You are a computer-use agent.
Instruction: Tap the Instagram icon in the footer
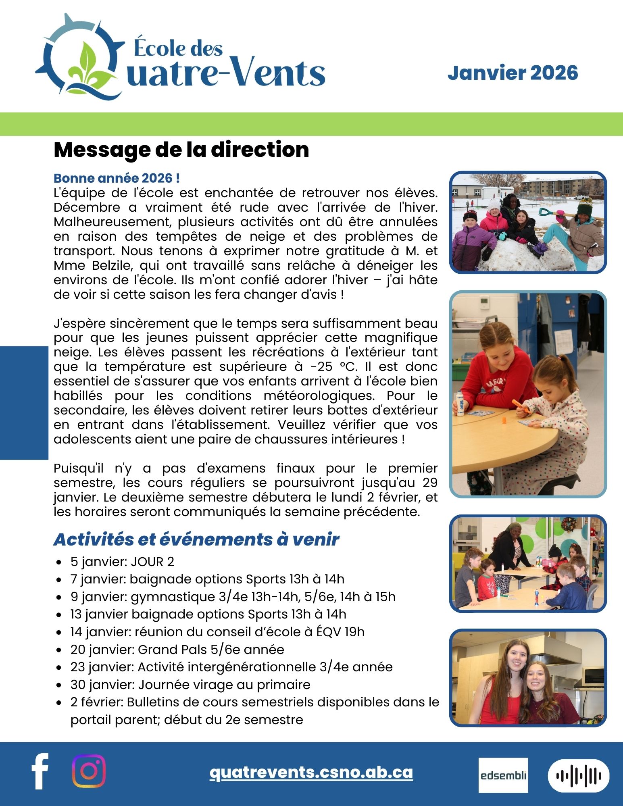tap(89, 771)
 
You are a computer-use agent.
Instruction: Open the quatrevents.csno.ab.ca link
tap(311, 772)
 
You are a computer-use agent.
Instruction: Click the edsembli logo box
tap(503, 775)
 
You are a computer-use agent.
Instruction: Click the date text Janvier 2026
tap(513, 73)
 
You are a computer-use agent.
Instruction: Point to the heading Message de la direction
tap(181, 150)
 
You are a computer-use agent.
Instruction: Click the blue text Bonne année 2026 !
tap(117, 178)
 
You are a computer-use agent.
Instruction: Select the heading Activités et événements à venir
tap(196, 539)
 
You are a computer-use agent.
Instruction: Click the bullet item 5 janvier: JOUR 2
tap(122, 562)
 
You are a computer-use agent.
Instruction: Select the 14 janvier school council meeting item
tap(217, 632)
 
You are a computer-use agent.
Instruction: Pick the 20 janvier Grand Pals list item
tap(177, 650)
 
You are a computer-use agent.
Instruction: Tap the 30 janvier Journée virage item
tap(190, 685)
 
